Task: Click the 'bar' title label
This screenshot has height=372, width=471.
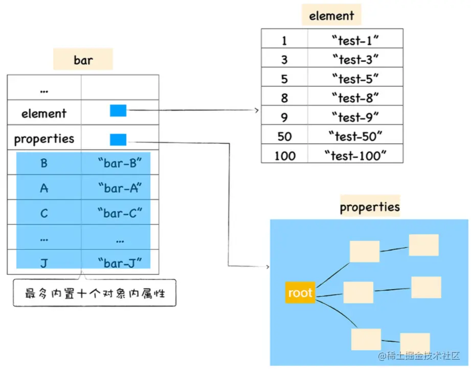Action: tap(83, 60)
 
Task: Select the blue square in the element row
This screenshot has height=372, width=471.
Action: tap(118, 110)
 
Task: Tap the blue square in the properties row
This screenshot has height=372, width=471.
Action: tap(118, 139)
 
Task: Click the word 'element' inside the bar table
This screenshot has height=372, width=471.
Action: tap(44, 113)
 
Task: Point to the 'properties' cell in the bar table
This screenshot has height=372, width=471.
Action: tap(44, 139)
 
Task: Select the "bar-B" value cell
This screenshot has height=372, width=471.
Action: tap(120, 163)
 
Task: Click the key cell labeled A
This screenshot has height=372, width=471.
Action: tap(44, 188)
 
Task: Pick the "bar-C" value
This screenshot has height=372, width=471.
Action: tap(120, 213)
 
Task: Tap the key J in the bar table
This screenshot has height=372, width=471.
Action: tap(44, 263)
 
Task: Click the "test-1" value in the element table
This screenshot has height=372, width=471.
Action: tap(355, 40)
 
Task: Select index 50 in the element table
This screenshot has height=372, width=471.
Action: tap(284, 136)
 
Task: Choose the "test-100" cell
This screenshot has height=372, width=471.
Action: tap(355, 156)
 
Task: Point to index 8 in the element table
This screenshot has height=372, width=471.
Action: tap(284, 98)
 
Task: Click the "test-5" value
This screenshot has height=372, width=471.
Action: tap(355, 79)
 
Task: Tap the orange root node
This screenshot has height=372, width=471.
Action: tap(300, 292)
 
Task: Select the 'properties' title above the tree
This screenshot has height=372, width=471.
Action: tap(370, 207)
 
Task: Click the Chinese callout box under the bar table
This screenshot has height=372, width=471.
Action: tap(95, 293)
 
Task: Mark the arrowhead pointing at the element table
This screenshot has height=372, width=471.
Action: tap(257, 110)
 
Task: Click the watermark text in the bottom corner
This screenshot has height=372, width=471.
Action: tap(419, 356)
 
